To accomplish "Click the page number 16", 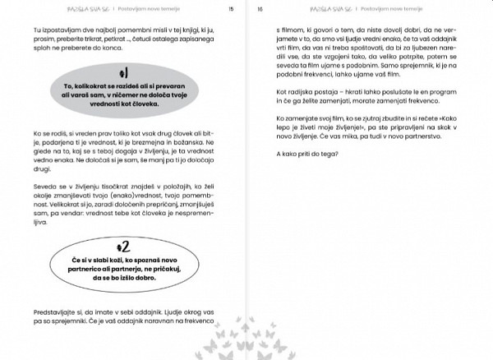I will tap(260, 9).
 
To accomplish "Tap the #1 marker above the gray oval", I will tap(122, 72).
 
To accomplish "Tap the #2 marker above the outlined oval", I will tap(122, 246).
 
